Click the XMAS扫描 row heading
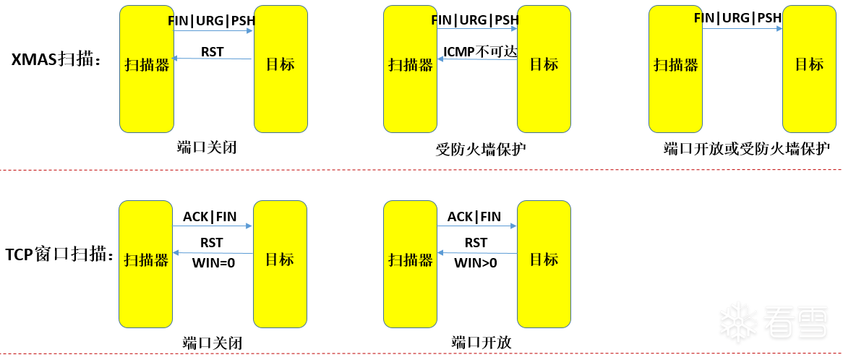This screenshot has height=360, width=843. tap(56, 60)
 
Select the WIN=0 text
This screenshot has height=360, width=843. tap(213, 263)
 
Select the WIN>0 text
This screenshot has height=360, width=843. tap(476, 263)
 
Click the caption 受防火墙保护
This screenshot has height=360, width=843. tap(480, 150)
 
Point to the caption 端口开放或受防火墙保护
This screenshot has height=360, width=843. tap(746, 149)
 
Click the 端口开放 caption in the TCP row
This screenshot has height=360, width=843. tap(482, 342)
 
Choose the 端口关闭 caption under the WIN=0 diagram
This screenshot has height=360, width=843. tap(212, 343)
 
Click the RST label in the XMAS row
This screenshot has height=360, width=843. tap(212, 51)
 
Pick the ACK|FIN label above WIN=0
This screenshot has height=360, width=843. tap(210, 217)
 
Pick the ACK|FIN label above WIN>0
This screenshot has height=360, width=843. tap(474, 217)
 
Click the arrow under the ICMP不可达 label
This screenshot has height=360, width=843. tap(477, 59)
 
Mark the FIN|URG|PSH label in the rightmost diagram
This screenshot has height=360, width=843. tap(737, 18)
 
